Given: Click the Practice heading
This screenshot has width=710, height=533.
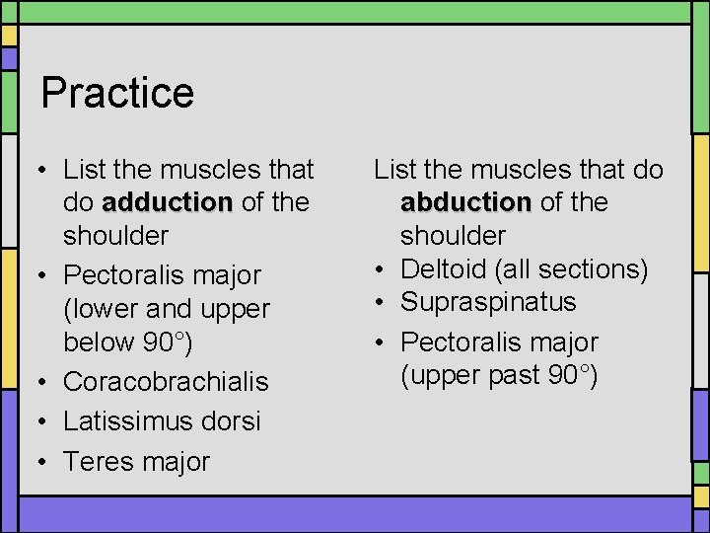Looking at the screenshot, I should coord(117,93).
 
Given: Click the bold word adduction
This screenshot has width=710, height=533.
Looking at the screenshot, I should coord(167,202).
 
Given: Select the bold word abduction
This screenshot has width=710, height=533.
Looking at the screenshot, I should coord(465,202).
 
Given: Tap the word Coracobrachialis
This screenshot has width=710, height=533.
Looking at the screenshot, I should coord(166,381).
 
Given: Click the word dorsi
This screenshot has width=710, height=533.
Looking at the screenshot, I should coord(232,421).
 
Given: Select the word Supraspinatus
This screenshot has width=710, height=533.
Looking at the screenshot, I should coord(488,302).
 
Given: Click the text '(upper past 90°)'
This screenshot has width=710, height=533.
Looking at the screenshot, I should coord(498,375).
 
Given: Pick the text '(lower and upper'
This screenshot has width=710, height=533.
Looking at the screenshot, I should coord(166,308).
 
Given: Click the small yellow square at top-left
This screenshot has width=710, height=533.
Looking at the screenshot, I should coord(8,36).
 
